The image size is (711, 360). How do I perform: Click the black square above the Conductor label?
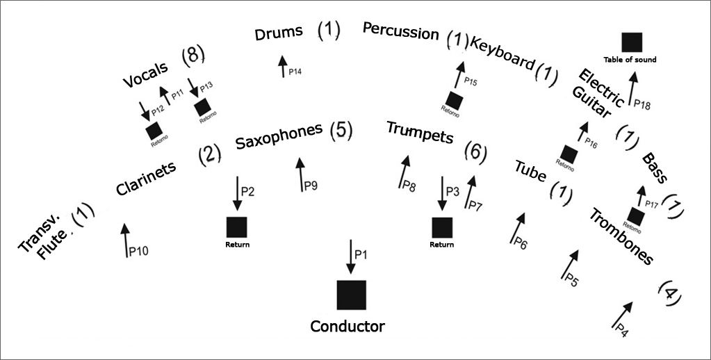tap(352, 295)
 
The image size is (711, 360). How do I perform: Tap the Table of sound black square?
tap(631, 42)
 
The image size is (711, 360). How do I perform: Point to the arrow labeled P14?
tap(283, 67)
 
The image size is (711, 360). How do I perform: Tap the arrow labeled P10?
tap(125, 240)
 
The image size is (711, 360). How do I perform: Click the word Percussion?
tap(400, 31)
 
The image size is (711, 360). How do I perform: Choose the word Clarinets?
tap(146, 179)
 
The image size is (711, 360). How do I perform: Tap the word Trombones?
tap(621, 237)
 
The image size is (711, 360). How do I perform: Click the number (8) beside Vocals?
tap(193, 57)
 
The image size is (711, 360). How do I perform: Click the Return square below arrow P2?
tap(236, 227)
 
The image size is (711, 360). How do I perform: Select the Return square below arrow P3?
tap(442, 227)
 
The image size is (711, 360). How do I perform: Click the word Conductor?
tap(348, 326)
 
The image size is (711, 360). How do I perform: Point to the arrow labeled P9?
tap(300, 174)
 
